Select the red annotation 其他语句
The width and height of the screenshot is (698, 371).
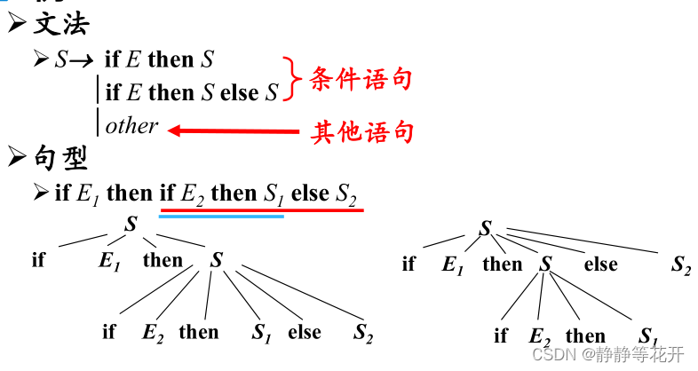(361, 133)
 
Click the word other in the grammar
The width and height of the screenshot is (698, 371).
(131, 126)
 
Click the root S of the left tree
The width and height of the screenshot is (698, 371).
(131, 225)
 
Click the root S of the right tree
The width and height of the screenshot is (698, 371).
(485, 229)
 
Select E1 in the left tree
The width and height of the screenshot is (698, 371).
(110, 261)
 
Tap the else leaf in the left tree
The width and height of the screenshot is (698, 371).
(305, 333)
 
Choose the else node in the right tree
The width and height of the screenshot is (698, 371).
(600, 264)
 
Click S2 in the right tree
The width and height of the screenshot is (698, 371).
(679, 264)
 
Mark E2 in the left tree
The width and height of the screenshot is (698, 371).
(153, 333)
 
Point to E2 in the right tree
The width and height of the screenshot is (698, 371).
(541, 336)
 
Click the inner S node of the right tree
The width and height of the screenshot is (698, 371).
(546, 264)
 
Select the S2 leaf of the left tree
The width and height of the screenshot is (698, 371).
(362, 334)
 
